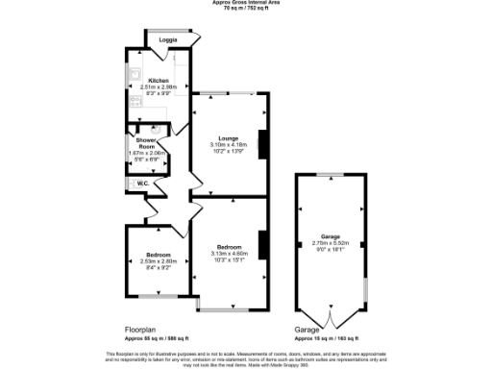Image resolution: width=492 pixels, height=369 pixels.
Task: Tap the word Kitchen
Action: tap(158, 81)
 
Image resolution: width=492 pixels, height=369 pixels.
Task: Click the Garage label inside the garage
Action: tap(332, 236)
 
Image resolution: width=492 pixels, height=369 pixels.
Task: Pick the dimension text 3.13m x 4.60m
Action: tap(229, 252)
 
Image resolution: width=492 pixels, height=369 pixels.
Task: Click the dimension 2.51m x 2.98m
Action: tap(158, 87)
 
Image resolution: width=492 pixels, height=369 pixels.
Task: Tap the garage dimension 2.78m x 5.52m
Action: tap(332, 243)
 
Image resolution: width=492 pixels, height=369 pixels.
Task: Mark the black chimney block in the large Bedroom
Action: tap(261, 245)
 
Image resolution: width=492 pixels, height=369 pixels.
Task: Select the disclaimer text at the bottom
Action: tap(246, 357)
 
